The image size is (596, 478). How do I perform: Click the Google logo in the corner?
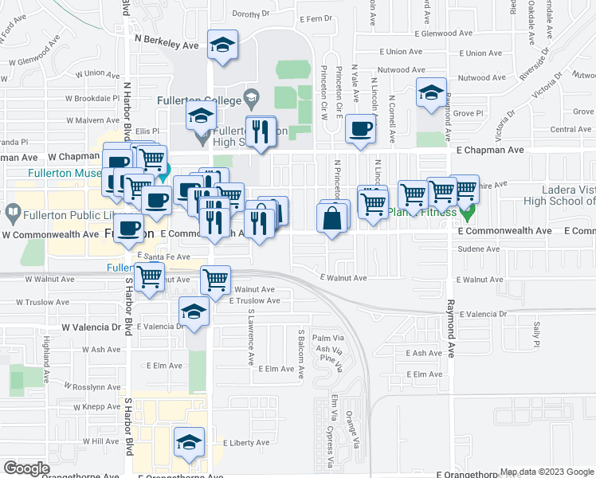25,468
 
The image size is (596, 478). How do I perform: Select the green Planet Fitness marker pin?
469,213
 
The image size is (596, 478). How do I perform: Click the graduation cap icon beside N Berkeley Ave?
223,45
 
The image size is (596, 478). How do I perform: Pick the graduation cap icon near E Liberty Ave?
190,442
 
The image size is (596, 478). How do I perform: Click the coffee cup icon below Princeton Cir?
360,130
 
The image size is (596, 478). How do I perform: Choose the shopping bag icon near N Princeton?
332,217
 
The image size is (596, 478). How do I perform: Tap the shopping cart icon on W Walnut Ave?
149,278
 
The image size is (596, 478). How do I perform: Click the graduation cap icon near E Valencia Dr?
194,312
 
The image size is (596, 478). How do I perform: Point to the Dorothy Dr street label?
251,14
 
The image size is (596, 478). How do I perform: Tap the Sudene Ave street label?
478,249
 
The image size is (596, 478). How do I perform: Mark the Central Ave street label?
571,129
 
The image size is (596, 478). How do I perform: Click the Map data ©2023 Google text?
546,472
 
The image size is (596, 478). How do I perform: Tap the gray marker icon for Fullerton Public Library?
13,214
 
